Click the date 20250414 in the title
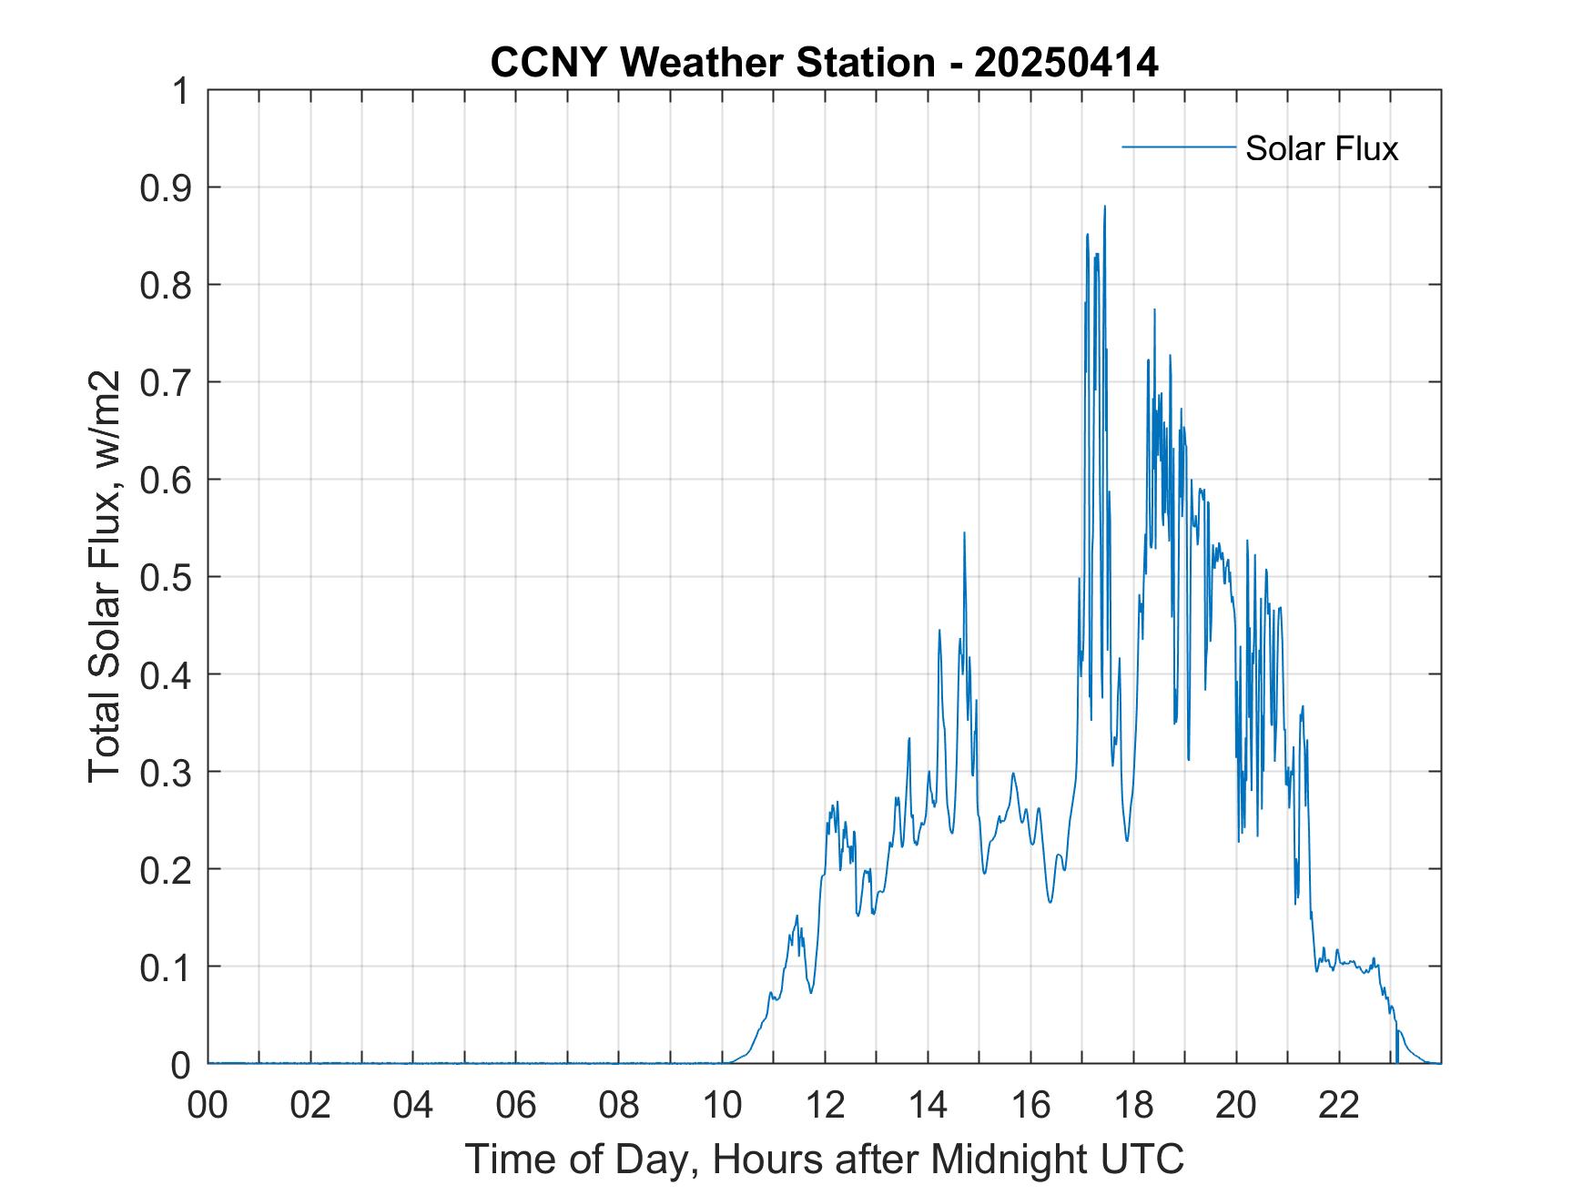coord(1066,63)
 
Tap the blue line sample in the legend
coord(1179,147)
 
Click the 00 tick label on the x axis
coord(208,1106)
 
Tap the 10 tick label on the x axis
coord(723,1106)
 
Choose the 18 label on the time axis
coord(1134,1106)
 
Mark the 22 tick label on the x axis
coord(1340,1106)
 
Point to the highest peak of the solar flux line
coord(1104,207)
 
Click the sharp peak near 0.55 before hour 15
coord(964,532)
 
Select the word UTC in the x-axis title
coord(1146,1159)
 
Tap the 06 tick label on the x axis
coord(517,1106)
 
